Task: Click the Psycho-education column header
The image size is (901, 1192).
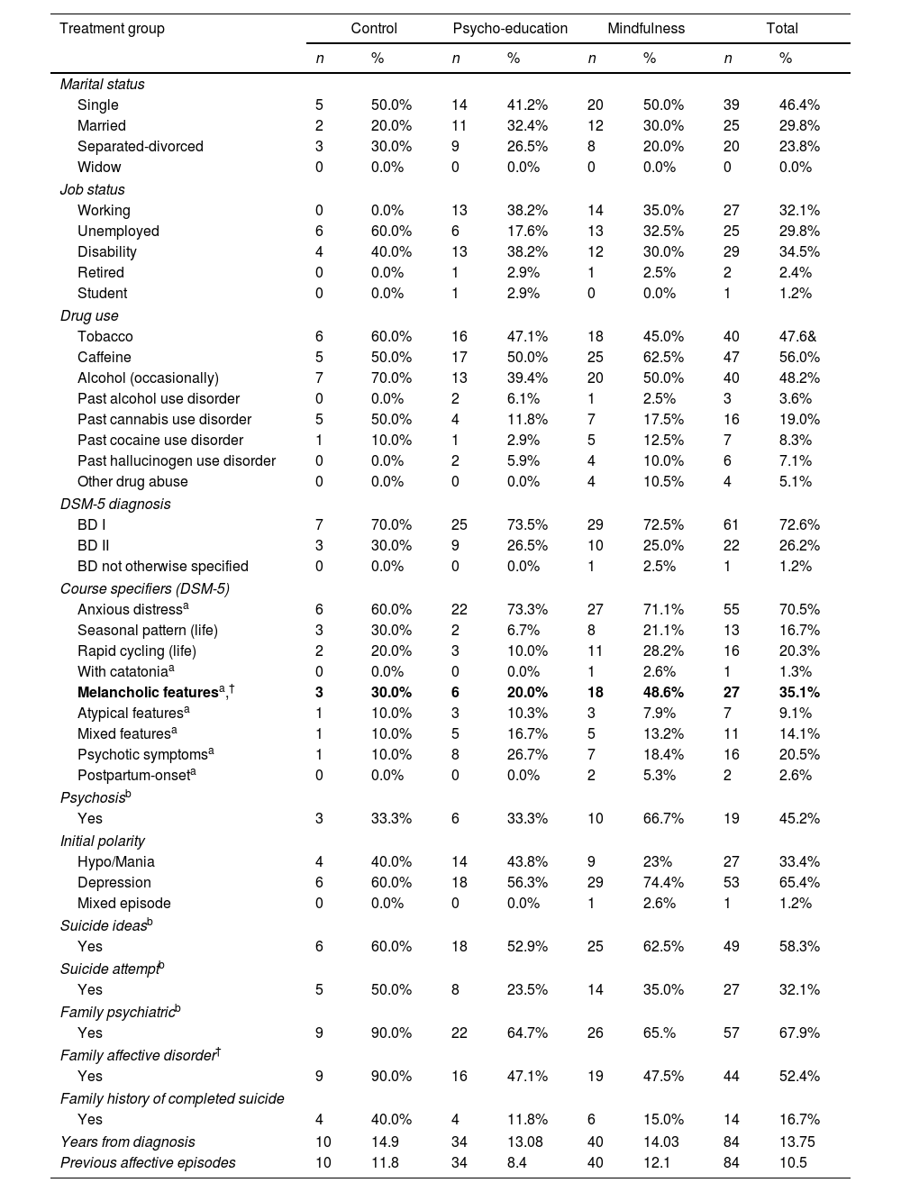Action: point(510,28)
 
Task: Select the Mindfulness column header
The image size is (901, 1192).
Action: point(646,28)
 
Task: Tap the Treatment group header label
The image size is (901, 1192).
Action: point(112,28)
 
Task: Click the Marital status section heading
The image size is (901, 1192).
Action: point(102,84)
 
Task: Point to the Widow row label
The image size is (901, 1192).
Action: point(99,167)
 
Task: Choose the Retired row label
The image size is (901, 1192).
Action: point(101,272)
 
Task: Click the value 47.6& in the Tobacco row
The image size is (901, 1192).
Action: point(799,336)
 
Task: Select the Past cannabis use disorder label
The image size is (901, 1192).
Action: point(164,419)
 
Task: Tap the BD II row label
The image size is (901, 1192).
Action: point(94,545)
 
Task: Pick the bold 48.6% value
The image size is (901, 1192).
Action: point(663,692)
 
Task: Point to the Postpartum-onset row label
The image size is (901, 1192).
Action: point(133,775)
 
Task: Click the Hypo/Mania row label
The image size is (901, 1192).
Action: point(116,861)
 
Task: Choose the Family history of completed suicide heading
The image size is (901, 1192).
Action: point(172,1098)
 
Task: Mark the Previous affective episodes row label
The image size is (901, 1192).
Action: point(148,1162)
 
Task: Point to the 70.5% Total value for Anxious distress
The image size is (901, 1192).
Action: point(799,609)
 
